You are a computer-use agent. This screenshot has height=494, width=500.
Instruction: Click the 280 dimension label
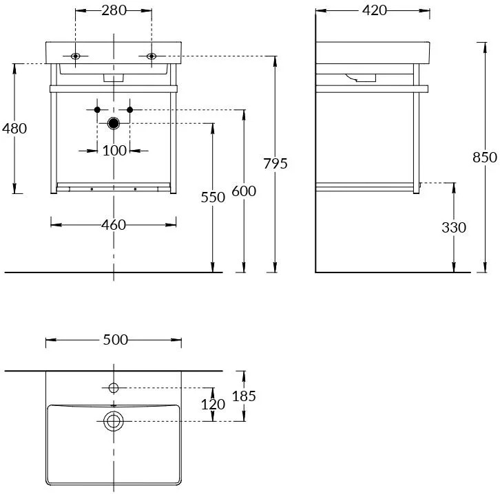[114, 10]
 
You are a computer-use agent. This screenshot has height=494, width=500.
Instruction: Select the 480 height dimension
[14, 128]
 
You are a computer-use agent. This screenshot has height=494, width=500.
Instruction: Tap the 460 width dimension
[114, 225]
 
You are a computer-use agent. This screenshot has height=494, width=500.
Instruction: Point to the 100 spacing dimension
[114, 150]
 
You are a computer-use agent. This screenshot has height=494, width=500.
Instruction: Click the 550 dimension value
[213, 197]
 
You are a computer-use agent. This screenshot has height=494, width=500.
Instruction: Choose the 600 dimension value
[243, 191]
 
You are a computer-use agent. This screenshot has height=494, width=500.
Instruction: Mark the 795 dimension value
[275, 164]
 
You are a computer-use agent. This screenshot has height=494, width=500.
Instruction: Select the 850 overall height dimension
[483, 157]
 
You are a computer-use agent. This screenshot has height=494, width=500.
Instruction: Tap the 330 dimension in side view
[453, 227]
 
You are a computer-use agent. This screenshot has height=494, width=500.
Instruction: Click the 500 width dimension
[114, 340]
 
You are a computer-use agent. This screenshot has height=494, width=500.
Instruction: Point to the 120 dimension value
[213, 404]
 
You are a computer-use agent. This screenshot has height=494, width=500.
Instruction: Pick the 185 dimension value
[244, 396]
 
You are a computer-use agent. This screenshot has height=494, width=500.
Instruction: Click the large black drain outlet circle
[114, 123]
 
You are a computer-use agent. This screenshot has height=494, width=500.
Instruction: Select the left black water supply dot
[97, 110]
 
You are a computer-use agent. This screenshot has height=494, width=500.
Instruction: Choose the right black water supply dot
[129, 110]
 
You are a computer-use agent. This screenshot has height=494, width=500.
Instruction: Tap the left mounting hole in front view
[75, 56]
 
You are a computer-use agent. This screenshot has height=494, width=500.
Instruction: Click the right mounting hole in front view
[152, 56]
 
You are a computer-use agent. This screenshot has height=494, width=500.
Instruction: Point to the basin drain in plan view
[113, 420]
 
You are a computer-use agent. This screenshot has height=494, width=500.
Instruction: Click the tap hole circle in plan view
[114, 387]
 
